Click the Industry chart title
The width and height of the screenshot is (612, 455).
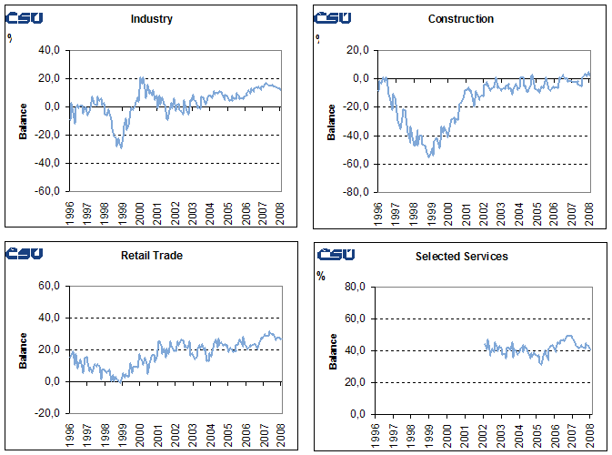(x=151, y=19)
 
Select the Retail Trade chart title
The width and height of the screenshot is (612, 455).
(x=151, y=256)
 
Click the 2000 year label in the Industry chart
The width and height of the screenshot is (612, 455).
(x=140, y=212)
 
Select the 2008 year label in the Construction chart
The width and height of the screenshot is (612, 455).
(x=588, y=212)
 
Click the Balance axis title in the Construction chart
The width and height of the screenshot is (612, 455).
(x=332, y=122)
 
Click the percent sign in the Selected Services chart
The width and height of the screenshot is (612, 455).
(x=320, y=275)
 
